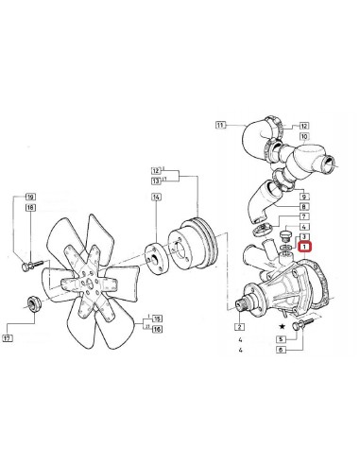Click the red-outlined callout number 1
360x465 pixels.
point(304,246)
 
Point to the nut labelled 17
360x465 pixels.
point(31,303)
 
